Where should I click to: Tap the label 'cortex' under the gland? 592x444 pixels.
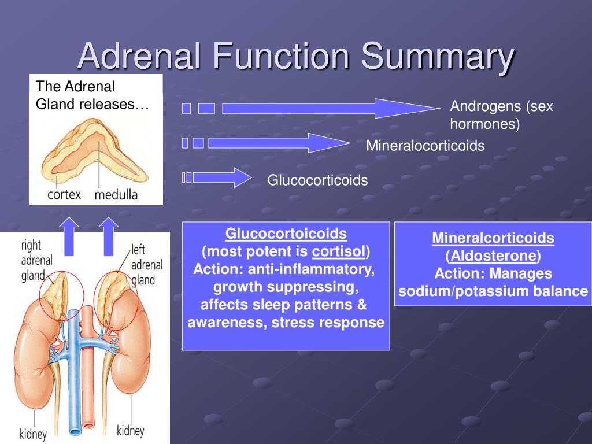coord(64,194)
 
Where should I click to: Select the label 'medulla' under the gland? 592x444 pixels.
coord(116,194)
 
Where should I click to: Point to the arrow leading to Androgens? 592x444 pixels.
coord(330,108)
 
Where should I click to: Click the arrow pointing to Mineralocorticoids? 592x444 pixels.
coord(277,143)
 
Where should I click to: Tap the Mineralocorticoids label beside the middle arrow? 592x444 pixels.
coord(425,146)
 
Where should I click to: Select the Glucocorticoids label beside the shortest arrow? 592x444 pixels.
coord(317,180)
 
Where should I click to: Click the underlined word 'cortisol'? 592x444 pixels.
coord(339,252)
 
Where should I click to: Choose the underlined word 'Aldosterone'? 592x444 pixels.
coord(493,256)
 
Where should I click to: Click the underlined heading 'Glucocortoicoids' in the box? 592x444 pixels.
coord(286,234)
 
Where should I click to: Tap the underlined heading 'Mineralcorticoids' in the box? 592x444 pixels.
coord(493,238)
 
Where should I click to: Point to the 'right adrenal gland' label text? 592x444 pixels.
coord(37,260)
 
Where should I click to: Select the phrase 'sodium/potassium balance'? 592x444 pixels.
coord(493,291)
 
